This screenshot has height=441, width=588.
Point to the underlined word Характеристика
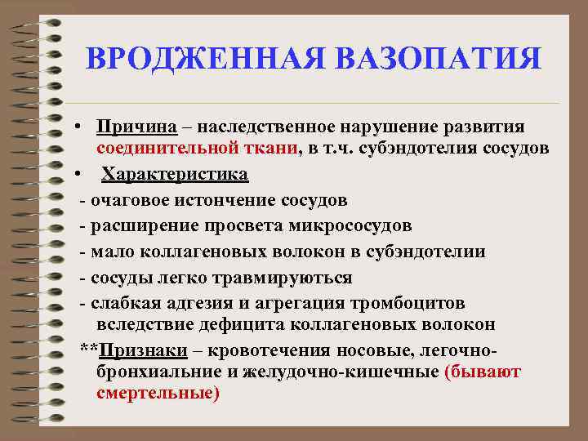pyautogui.click(x=175, y=175)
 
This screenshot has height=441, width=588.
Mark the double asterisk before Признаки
pyautogui.click(x=89, y=349)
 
